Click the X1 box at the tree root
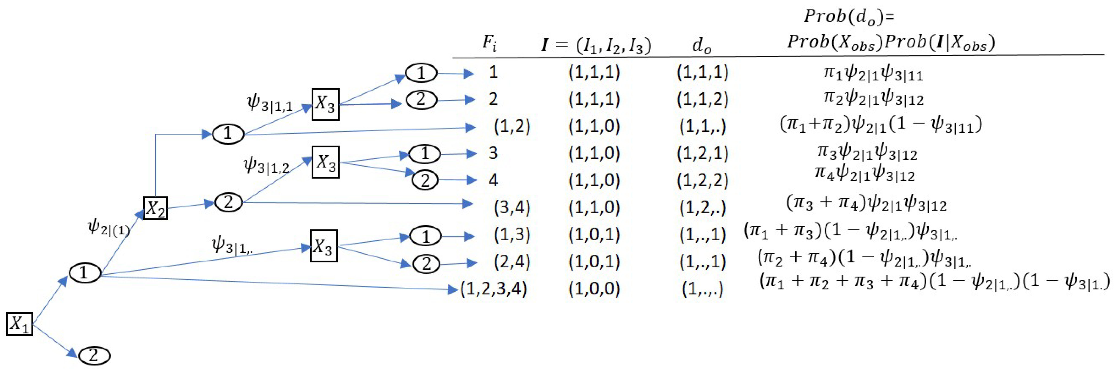click(x=20, y=324)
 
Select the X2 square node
click(x=155, y=208)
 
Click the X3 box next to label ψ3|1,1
click(x=325, y=104)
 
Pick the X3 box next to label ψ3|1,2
click(x=325, y=162)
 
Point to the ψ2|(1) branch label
click(x=109, y=227)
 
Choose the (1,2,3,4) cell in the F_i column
click(x=494, y=288)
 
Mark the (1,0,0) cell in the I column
click(x=594, y=288)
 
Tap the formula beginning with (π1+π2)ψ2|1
click(x=881, y=125)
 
